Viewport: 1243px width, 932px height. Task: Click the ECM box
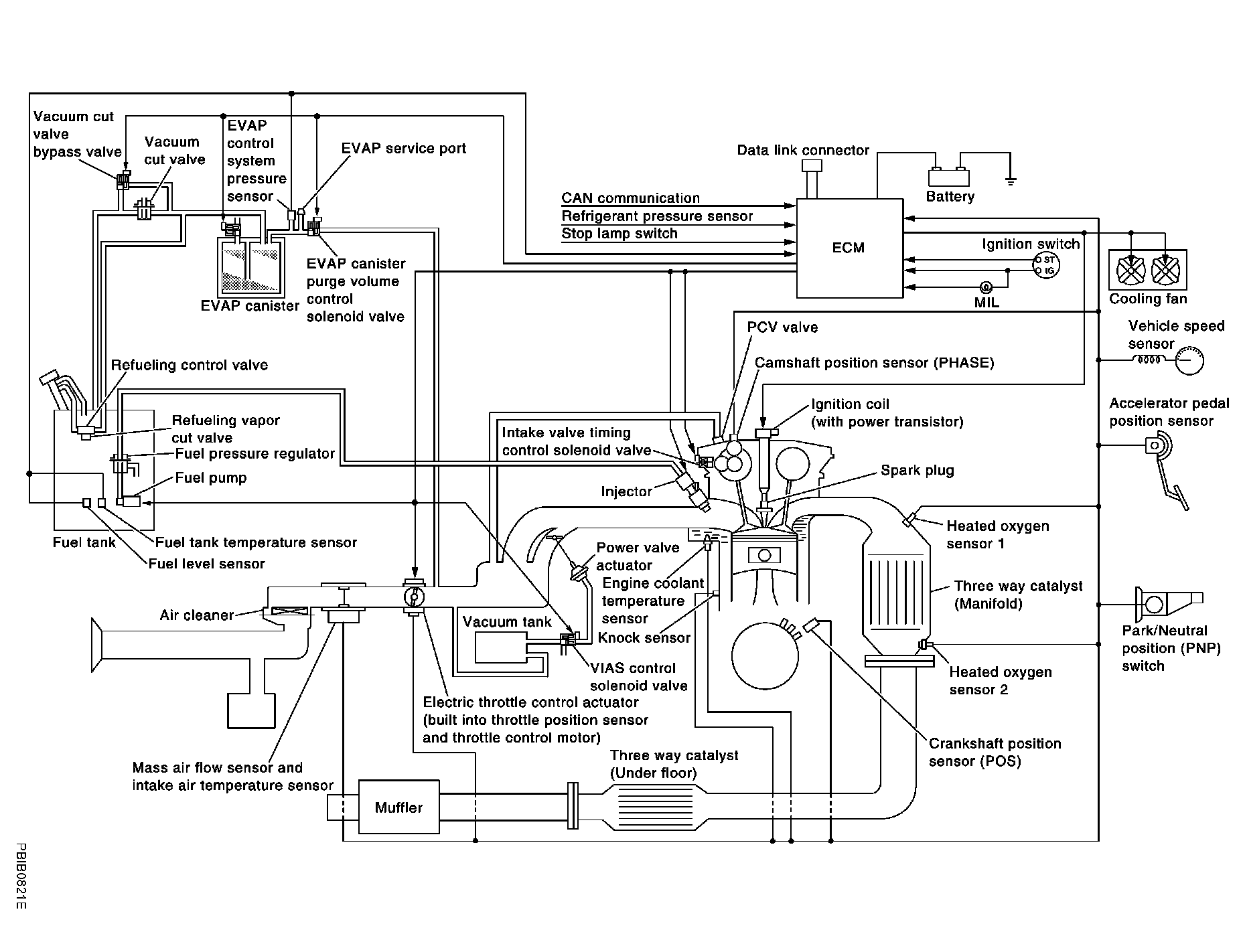pos(849,248)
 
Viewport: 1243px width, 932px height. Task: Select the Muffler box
pos(399,807)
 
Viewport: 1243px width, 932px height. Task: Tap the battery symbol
pos(948,177)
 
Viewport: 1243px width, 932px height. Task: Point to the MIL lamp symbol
pos(985,288)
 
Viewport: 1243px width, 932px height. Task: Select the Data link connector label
pos(803,150)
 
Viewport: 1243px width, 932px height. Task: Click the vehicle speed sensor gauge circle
pos(1189,361)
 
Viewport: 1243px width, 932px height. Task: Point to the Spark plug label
pos(917,470)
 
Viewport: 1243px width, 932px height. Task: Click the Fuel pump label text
pos(210,478)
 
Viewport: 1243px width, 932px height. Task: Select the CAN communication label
pos(630,198)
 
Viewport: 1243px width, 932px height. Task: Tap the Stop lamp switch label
pos(619,234)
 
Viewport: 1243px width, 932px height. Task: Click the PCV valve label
pos(782,327)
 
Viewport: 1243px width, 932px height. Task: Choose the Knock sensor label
pos(644,637)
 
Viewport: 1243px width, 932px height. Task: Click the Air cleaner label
pos(196,615)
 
